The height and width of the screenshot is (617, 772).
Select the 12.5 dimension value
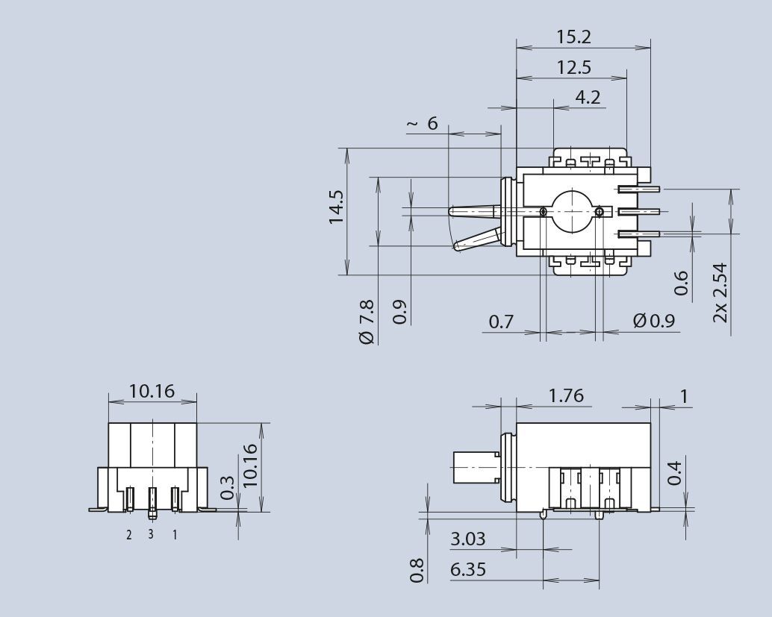[x=573, y=67]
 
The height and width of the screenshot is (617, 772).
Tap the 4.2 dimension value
[x=588, y=98]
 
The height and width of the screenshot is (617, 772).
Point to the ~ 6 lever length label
[x=423, y=124]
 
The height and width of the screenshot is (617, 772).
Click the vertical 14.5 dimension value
[x=337, y=207]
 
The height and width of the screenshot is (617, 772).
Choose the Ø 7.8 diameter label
[x=367, y=321]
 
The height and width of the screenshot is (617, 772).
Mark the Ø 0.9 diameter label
[x=653, y=322]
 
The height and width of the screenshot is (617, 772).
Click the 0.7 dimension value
[x=501, y=322]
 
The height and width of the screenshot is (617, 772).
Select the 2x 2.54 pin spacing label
[x=720, y=292]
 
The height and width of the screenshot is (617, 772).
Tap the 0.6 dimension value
[x=681, y=283]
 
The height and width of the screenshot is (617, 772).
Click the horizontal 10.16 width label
[x=152, y=391]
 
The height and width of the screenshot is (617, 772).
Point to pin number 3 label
[x=151, y=534]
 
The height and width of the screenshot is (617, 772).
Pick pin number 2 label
[x=128, y=534]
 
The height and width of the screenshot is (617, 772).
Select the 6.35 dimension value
[x=468, y=570]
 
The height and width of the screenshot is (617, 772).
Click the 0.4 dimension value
[x=675, y=473]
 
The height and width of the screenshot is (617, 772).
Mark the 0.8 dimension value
[x=418, y=570]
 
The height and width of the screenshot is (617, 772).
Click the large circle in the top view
[x=572, y=211]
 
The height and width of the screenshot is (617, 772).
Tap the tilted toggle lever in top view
[x=476, y=240]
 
